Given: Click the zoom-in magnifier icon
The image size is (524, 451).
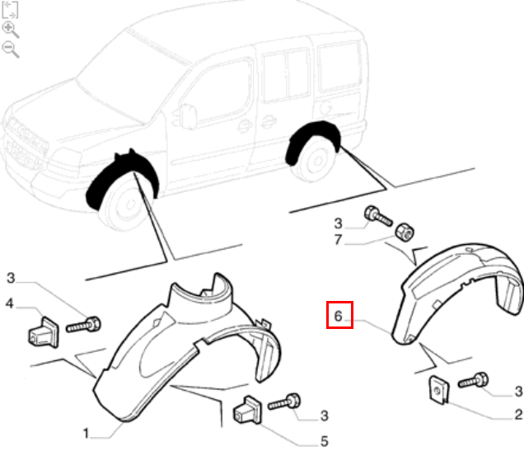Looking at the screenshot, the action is pyautogui.click(x=10, y=30).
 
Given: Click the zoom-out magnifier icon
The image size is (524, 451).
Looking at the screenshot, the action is pyautogui.click(x=10, y=49).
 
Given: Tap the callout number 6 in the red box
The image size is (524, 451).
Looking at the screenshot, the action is pyautogui.click(x=338, y=316).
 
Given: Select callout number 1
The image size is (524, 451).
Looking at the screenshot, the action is pyautogui.click(x=86, y=434).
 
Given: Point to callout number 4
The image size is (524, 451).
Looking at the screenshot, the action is pyautogui.click(x=9, y=303).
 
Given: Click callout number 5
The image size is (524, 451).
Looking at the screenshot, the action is pyautogui.click(x=324, y=441).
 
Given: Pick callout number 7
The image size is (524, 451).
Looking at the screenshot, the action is pyautogui.click(x=338, y=239).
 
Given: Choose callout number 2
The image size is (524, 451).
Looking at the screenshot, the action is pyautogui.click(x=518, y=415).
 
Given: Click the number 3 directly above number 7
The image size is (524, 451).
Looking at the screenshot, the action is pyautogui.click(x=338, y=223).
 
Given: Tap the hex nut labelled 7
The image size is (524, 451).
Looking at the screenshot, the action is pyautogui.click(x=405, y=232).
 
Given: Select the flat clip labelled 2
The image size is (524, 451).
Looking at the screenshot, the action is pyautogui.click(x=439, y=390).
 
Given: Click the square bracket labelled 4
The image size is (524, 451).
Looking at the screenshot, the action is pyautogui.click(x=44, y=332).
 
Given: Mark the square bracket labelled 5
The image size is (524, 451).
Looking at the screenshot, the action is pyautogui.click(x=248, y=411).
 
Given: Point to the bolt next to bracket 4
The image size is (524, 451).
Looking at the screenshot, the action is pyautogui.click(x=83, y=325).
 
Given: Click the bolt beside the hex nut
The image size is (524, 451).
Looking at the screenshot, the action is pyautogui.click(x=378, y=216).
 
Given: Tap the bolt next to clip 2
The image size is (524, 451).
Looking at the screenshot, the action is pyautogui.click(x=473, y=380).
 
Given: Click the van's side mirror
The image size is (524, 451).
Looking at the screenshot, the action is pyautogui.click(x=188, y=115).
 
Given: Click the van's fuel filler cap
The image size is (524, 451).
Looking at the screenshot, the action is pyautogui.click(x=325, y=106).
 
